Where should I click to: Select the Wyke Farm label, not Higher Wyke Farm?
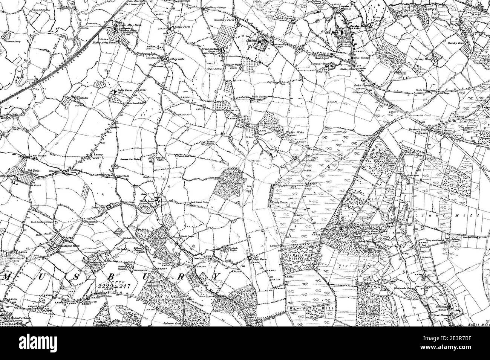(x=259, y=97)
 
